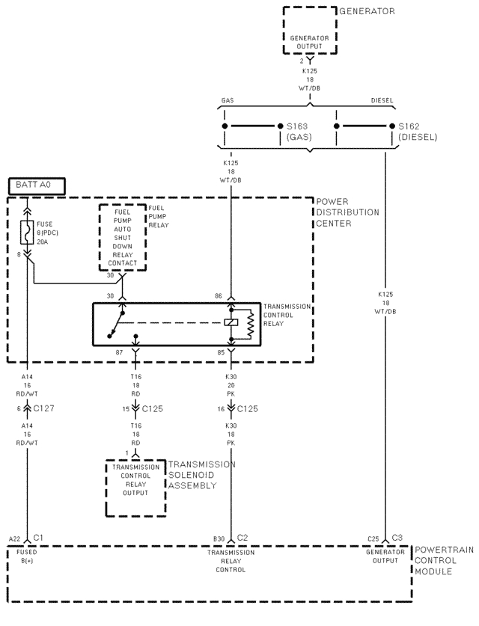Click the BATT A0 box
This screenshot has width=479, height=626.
coord(36,184)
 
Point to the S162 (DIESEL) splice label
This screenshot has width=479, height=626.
coord(417,132)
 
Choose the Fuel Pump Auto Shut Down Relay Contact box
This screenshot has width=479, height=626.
coord(122,237)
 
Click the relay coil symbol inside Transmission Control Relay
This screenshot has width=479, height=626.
coord(231,323)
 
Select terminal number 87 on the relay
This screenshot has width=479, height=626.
coord(119,352)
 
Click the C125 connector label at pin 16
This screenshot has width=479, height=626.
coord(250,408)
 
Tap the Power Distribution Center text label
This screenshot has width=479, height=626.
coord(347,212)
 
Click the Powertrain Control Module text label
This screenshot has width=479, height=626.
coord(444,560)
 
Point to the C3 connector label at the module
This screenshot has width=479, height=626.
coord(397,538)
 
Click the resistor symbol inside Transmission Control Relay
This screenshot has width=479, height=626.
coord(251,323)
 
